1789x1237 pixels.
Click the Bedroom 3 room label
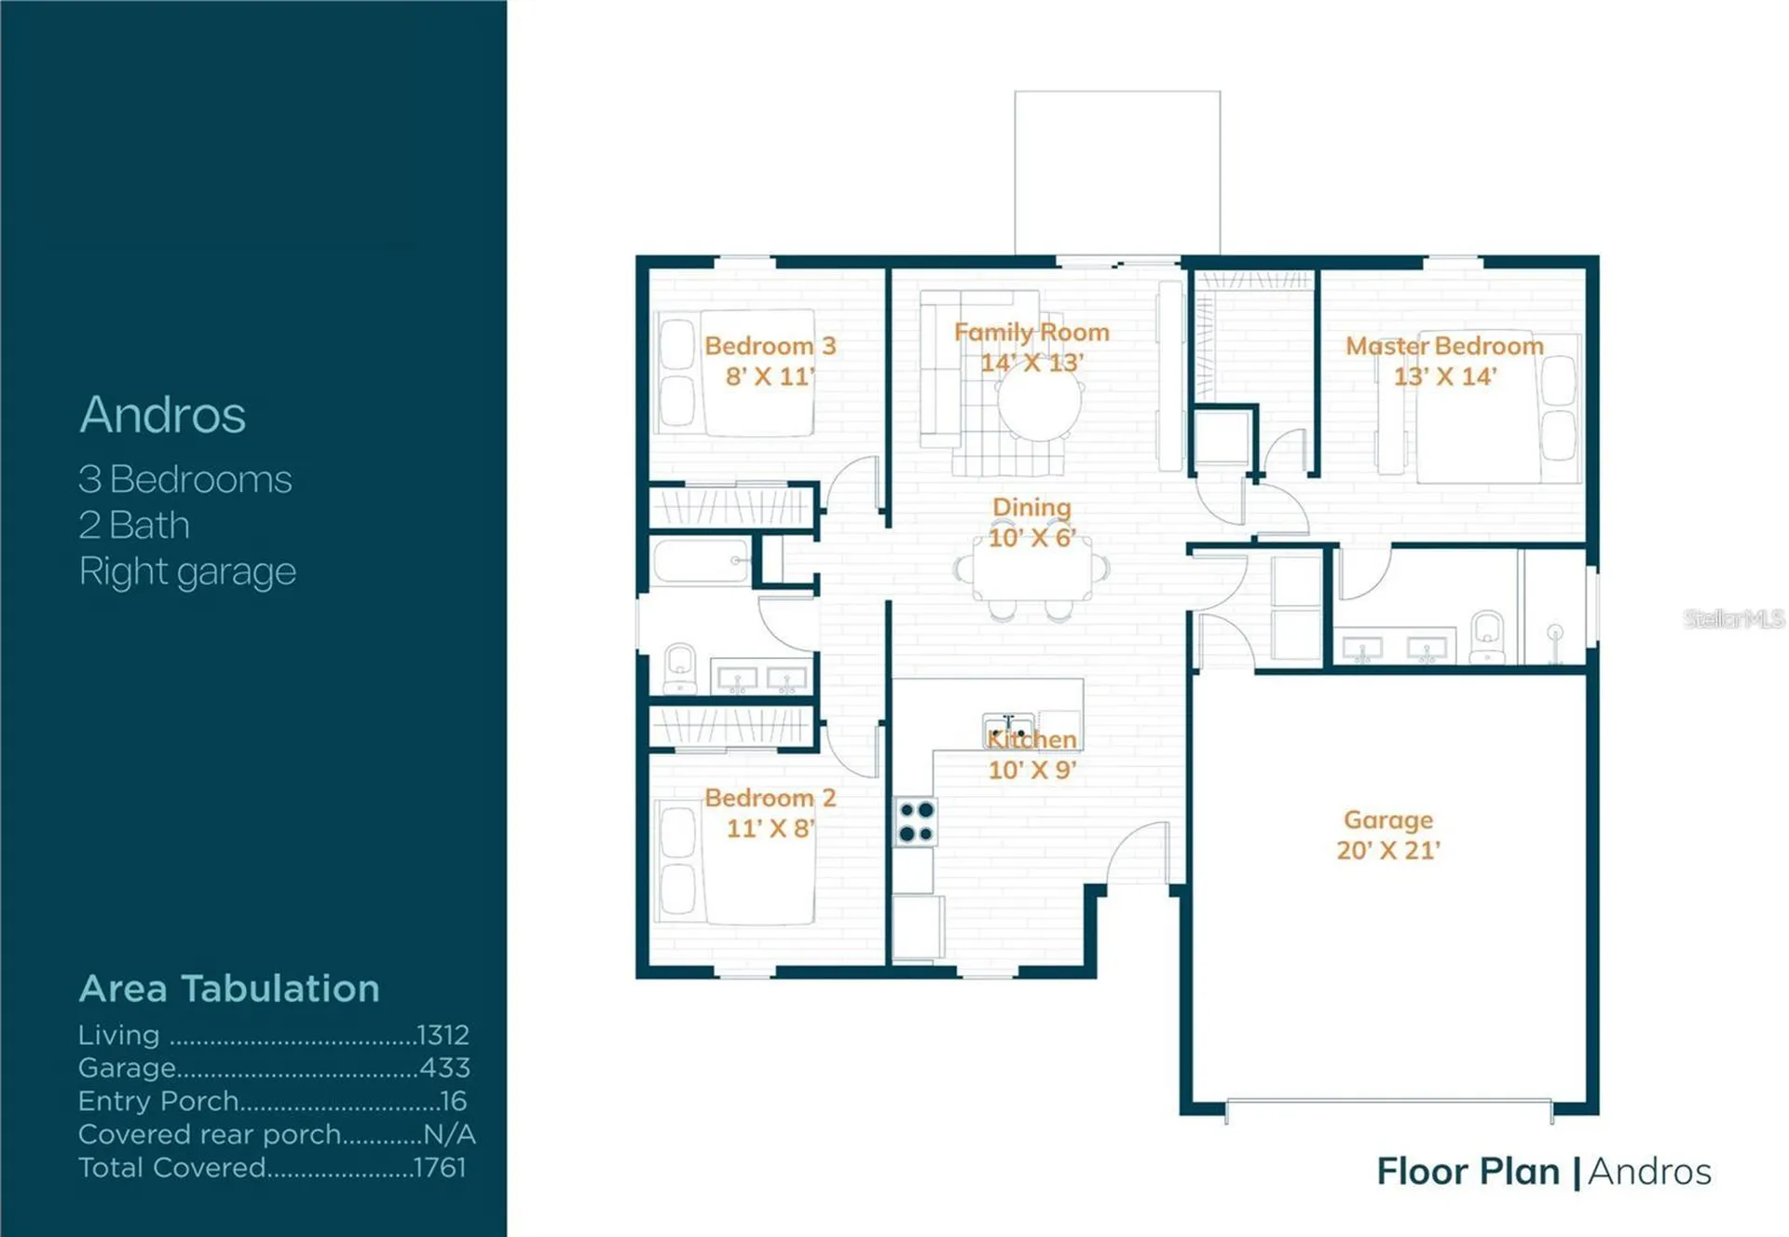click(x=771, y=346)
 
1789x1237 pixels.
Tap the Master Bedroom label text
click(x=1444, y=346)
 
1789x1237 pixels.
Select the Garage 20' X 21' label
click(x=1388, y=835)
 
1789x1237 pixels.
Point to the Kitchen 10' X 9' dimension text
click(x=1032, y=770)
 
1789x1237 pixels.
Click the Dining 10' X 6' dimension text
click(x=1032, y=538)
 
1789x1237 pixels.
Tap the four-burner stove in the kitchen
click(x=916, y=821)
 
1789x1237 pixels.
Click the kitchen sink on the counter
click(x=1008, y=729)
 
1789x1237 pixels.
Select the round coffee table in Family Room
click(x=1039, y=403)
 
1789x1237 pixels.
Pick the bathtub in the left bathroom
click(x=702, y=560)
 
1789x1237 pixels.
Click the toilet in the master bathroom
click(x=1488, y=637)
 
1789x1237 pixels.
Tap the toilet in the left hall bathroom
click(x=680, y=668)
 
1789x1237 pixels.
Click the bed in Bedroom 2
click(x=735, y=863)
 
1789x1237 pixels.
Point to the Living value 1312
click(x=444, y=1035)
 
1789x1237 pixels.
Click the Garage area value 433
click(x=445, y=1067)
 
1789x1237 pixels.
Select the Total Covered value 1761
click(x=440, y=1168)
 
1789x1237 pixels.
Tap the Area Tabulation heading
click(x=229, y=988)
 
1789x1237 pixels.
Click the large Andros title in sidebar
click(x=163, y=415)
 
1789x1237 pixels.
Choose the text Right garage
click(x=187, y=571)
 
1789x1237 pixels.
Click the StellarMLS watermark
click(x=1734, y=618)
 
